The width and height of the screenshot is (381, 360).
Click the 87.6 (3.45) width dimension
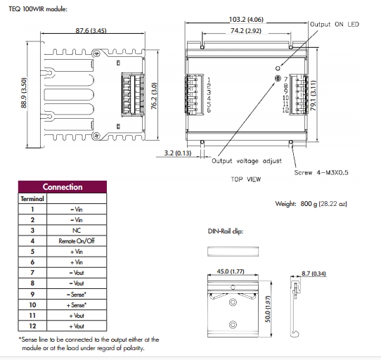91,31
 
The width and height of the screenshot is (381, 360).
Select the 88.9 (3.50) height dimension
24,93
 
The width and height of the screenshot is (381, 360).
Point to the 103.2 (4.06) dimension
246,20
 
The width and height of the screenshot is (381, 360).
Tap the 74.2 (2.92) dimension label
246,31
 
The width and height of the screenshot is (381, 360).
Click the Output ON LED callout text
335,25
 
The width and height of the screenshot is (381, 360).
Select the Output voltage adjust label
247,161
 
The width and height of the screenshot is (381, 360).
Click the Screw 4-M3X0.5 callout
321,172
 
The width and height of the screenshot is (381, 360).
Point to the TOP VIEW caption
245,179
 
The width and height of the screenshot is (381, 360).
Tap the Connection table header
63,187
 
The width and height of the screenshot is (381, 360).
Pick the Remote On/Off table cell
77,241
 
